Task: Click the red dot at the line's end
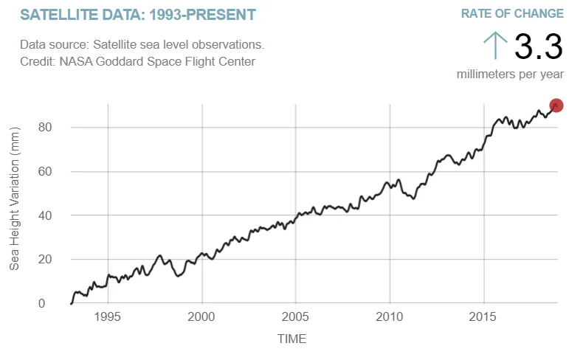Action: pyautogui.click(x=556, y=105)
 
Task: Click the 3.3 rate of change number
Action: pyautogui.click(x=538, y=46)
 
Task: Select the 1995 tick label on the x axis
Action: pyautogui.click(x=108, y=316)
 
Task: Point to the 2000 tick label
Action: pyautogui.click(x=201, y=316)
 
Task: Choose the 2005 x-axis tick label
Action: pyautogui.click(x=295, y=316)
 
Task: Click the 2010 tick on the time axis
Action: pyautogui.click(x=389, y=316)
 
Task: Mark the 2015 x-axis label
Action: pyautogui.click(x=483, y=316)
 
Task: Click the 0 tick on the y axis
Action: pyautogui.click(x=41, y=303)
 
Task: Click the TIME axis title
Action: pyautogui.click(x=291, y=339)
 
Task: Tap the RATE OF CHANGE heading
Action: pyautogui.click(x=512, y=14)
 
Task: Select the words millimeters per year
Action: pyautogui.click(x=510, y=74)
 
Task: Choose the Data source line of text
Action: pyautogui.click(x=142, y=45)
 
